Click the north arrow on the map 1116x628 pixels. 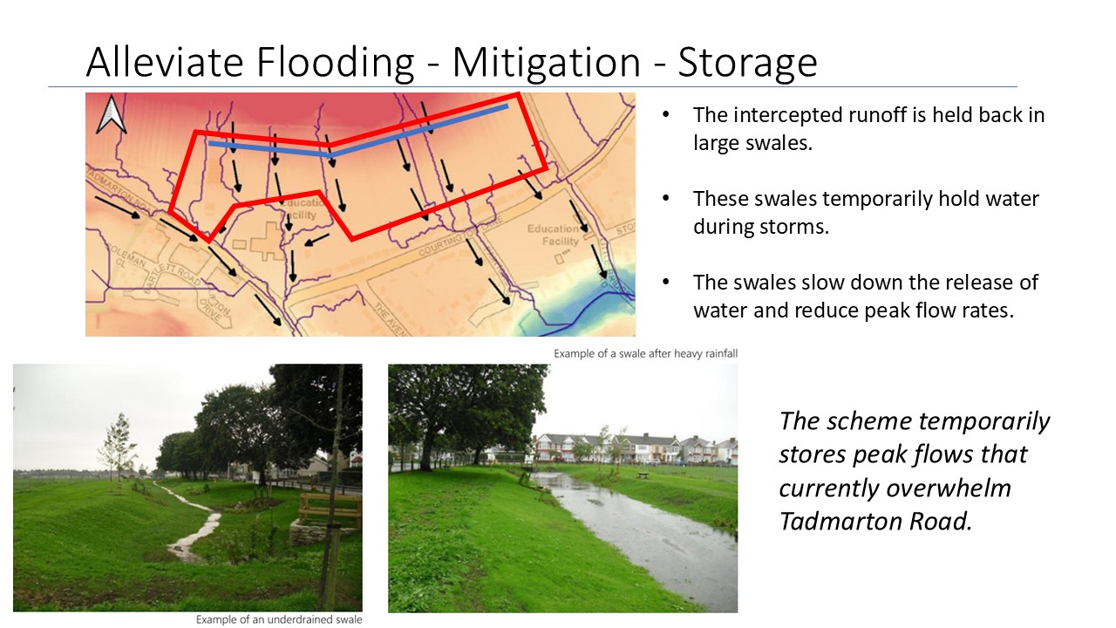point(112,114)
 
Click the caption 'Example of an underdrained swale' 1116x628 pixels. point(278,620)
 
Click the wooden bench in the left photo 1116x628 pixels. point(329,506)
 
